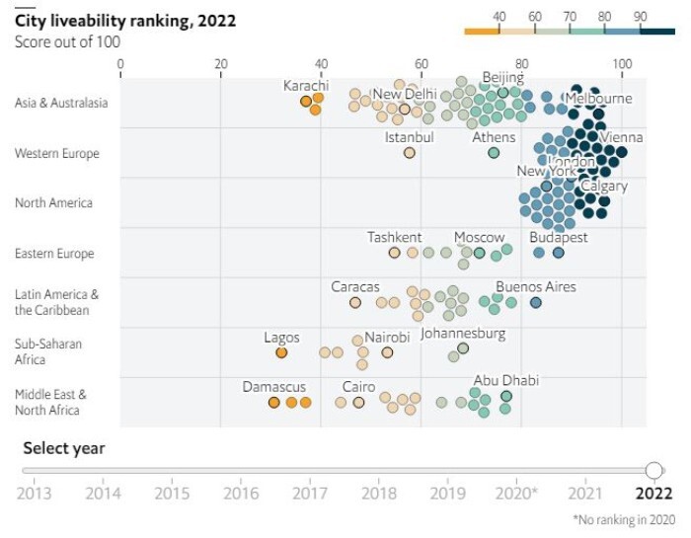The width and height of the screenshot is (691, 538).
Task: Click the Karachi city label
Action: tap(306, 86)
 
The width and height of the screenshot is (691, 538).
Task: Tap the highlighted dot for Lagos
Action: tap(281, 352)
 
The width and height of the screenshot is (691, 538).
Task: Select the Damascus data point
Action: tap(274, 402)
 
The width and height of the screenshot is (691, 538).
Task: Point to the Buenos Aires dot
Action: tap(536, 303)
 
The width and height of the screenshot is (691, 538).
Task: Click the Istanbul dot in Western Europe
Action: tap(410, 153)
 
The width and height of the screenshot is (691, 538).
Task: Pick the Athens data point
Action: tap(494, 153)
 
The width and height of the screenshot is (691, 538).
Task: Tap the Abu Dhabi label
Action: tap(506, 381)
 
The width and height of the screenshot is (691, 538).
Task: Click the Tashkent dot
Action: tap(395, 253)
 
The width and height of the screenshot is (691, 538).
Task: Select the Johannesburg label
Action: tap(463, 334)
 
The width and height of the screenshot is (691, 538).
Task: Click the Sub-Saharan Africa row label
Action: tap(48, 351)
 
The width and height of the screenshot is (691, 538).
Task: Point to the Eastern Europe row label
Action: tap(54, 254)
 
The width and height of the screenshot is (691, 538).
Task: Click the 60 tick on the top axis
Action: tap(422, 64)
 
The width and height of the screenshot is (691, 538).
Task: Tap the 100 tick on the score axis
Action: tap(622, 64)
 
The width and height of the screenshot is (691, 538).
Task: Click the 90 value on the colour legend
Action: tap(640, 17)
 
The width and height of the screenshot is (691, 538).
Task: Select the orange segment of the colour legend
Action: tap(484, 32)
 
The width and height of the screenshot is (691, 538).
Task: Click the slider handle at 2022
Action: tap(653, 470)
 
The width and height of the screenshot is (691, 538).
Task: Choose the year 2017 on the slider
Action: tap(310, 493)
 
